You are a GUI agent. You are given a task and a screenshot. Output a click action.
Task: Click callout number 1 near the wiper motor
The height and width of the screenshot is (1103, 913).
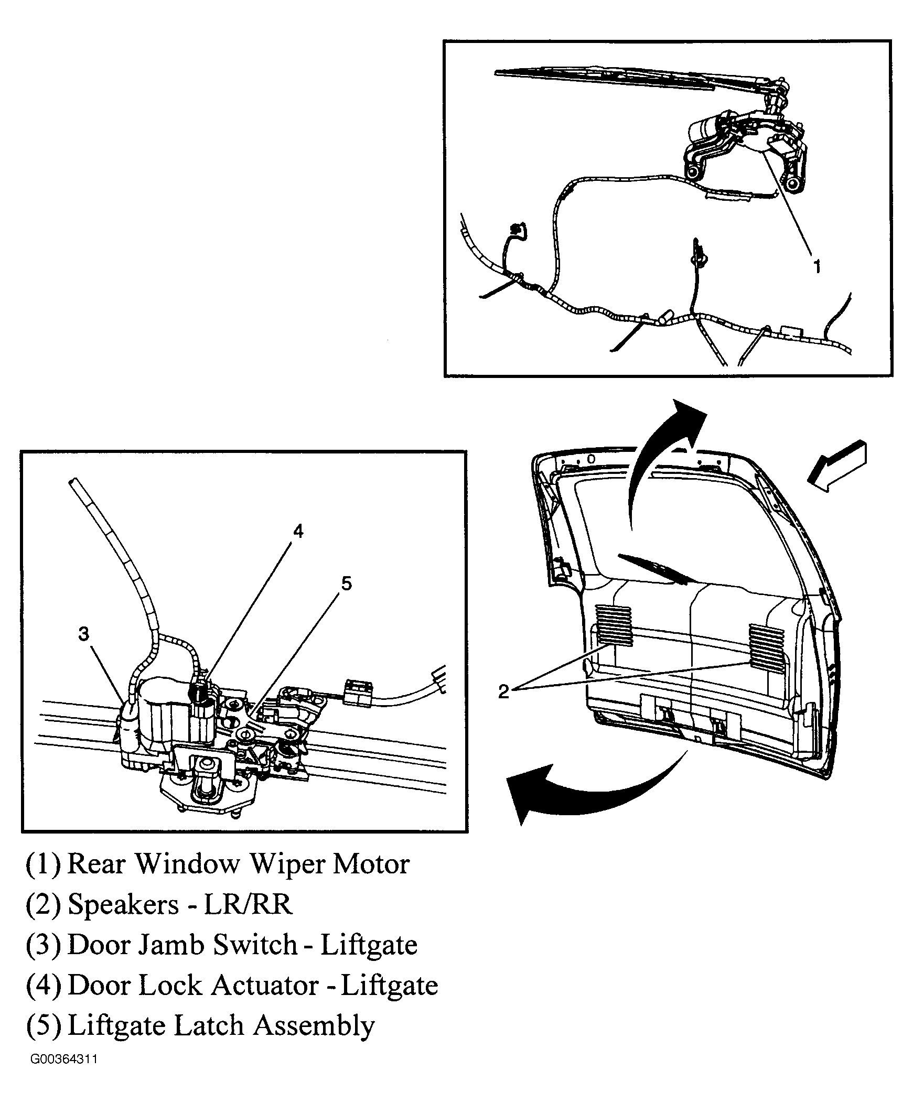(817, 266)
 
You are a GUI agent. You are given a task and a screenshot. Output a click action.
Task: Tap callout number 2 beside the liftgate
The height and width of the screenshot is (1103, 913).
(503, 691)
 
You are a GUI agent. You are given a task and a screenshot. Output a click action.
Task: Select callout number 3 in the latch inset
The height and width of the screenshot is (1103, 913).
(84, 634)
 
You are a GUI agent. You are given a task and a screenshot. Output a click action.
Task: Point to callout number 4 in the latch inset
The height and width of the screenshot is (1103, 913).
(298, 531)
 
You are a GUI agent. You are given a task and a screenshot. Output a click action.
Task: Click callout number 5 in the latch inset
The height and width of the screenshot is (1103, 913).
(346, 583)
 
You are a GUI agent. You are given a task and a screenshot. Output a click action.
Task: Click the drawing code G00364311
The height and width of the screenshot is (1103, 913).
(63, 1059)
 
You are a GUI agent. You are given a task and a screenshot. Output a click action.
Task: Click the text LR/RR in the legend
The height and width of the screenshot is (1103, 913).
(248, 904)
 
